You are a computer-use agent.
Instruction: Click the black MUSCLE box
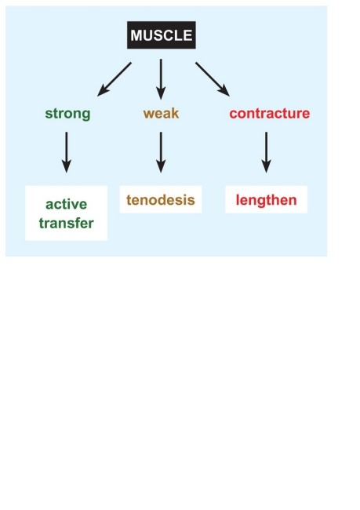pos(162,35)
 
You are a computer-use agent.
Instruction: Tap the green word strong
pos(67,114)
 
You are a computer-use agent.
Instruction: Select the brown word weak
pos(161,113)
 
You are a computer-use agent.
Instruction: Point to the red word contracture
pos(270,113)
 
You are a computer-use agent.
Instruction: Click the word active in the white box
pos(67,204)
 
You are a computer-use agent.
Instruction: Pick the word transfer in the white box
pos(67,223)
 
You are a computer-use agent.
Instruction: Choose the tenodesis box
pos(161,200)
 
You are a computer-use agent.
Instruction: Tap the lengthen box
pos(267,200)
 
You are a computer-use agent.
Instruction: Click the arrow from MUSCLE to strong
pos(115,79)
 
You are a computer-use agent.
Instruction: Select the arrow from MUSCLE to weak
pos(161,79)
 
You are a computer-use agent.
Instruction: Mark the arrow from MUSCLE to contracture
pos(213,79)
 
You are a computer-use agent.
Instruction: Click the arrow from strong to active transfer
pos(67,152)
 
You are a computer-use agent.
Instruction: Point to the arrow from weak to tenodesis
pos(161,152)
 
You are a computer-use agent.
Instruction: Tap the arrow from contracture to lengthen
pos(267,152)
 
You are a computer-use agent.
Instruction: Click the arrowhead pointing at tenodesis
pos(161,166)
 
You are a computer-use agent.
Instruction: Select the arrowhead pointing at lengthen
pos(267,166)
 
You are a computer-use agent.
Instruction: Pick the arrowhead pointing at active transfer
pos(67,166)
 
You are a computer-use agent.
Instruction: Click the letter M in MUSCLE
pos(136,35)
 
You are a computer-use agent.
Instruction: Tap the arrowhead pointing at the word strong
pos(103,91)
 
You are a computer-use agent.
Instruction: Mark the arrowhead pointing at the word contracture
pos(224,91)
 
